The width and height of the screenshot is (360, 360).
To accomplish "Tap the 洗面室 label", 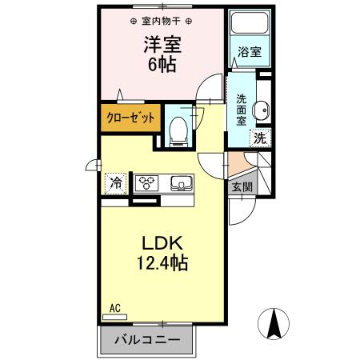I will (242, 110).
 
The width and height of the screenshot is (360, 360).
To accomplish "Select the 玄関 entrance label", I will (241, 187).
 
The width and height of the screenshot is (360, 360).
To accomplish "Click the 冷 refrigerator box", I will (117, 182).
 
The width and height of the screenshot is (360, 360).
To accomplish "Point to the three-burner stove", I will (146, 182).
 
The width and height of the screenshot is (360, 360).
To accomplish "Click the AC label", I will (114, 307).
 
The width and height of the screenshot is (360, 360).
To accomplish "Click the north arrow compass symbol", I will (274, 323).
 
